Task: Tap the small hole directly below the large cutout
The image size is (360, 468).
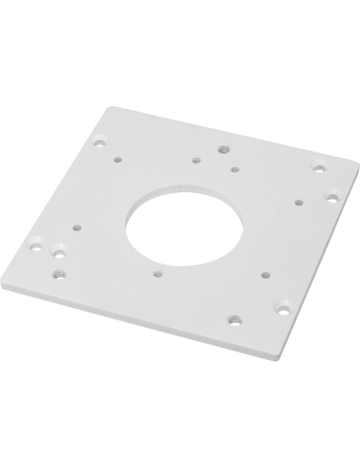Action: tap(155, 272)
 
